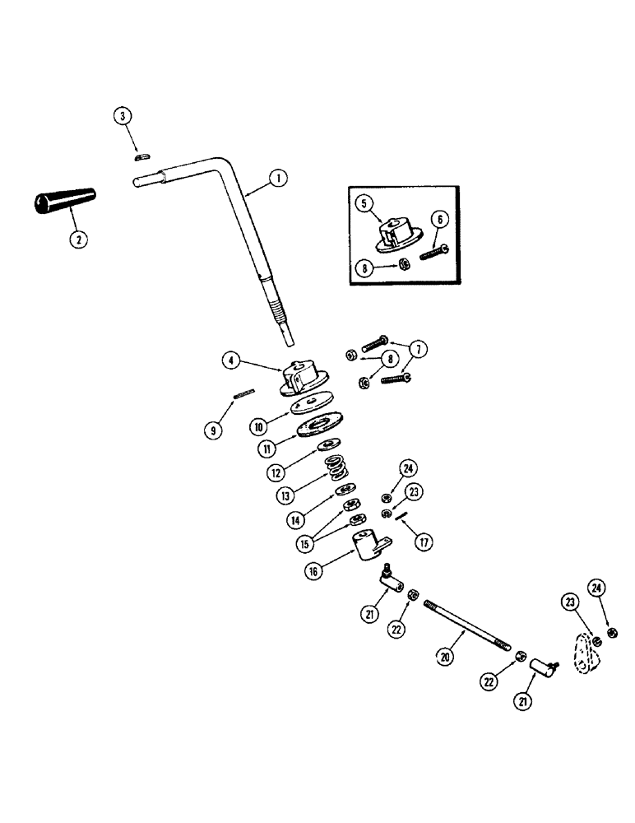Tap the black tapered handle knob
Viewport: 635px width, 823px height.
[x=65, y=201]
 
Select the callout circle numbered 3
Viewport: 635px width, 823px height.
[x=123, y=116]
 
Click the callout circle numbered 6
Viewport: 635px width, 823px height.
[x=438, y=218]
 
